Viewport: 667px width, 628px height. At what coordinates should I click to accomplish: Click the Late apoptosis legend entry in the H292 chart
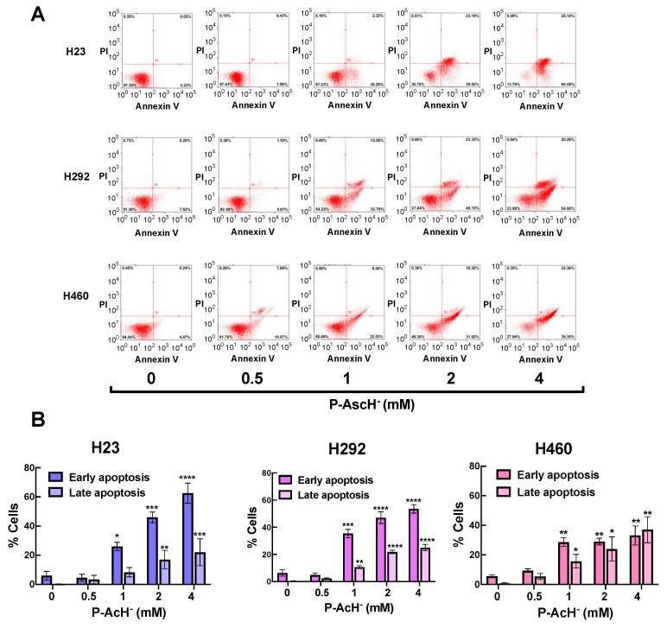click(354, 492)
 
